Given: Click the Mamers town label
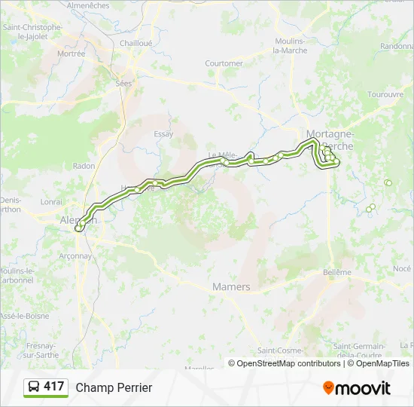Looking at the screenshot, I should [231, 287].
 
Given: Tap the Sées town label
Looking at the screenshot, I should [123, 84].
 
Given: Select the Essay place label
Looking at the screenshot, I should [163, 134].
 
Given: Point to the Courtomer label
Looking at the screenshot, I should [224, 63].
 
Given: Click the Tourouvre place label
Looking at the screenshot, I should [385, 94].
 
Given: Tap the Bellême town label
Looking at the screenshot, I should [336, 272].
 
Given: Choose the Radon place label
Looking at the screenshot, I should [84, 166].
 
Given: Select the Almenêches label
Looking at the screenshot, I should [88, 5].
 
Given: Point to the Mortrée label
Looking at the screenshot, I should [71, 54].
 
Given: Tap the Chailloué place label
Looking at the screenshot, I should [135, 43].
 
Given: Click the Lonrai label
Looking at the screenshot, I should [52, 202].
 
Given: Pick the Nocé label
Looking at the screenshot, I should [402, 268].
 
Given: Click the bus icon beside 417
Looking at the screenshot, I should [34, 387].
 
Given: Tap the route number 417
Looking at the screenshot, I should [54, 387].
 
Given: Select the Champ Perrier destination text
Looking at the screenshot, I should [114, 387].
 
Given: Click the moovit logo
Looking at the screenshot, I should [357, 388].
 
